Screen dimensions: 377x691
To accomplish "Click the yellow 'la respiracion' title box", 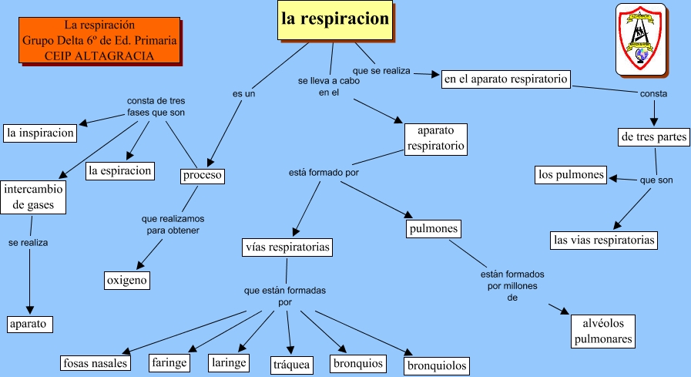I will pyautogui.click(x=334, y=19).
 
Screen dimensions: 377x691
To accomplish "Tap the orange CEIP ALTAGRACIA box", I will pyautogui.click(x=99, y=41).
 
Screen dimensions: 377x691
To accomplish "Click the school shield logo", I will pyautogui.click(x=640, y=39).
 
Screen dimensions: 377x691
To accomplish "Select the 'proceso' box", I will pyautogui.click(x=203, y=176).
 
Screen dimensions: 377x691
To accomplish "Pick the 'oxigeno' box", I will pyautogui.click(x=126, y=280).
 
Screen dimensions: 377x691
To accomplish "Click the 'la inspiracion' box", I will pyautogui.click(x=40, y=133).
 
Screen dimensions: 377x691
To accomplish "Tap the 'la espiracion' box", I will pyautogui.click(x=119, y=170).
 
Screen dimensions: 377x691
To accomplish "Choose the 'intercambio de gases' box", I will pyautogui.click(x=33, y=197).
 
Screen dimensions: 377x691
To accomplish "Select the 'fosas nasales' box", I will pyautogui.click(x=96, y=362).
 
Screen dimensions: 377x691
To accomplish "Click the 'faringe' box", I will pyautogui.click(x=171, y=362).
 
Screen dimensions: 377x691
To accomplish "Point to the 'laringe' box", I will pyautogui.click(x=229, y=362).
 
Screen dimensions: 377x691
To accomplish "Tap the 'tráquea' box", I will pyautogui.click(x=292, y=364).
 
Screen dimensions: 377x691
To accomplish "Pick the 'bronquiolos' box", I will pyautogui.click(x=437, y=365).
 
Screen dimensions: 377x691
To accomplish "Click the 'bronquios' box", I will pyautogui.click(x=357, y=362).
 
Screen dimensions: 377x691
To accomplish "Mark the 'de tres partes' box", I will pyautogui.click(x=652, y=138).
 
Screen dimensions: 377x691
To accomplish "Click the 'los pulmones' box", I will pyautogui.click(x=571, y=175).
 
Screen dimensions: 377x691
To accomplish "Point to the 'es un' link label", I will pyautogui.click(x=243, y=94).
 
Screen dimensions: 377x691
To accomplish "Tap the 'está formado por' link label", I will pyautogui.click(x=324, y=172).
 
